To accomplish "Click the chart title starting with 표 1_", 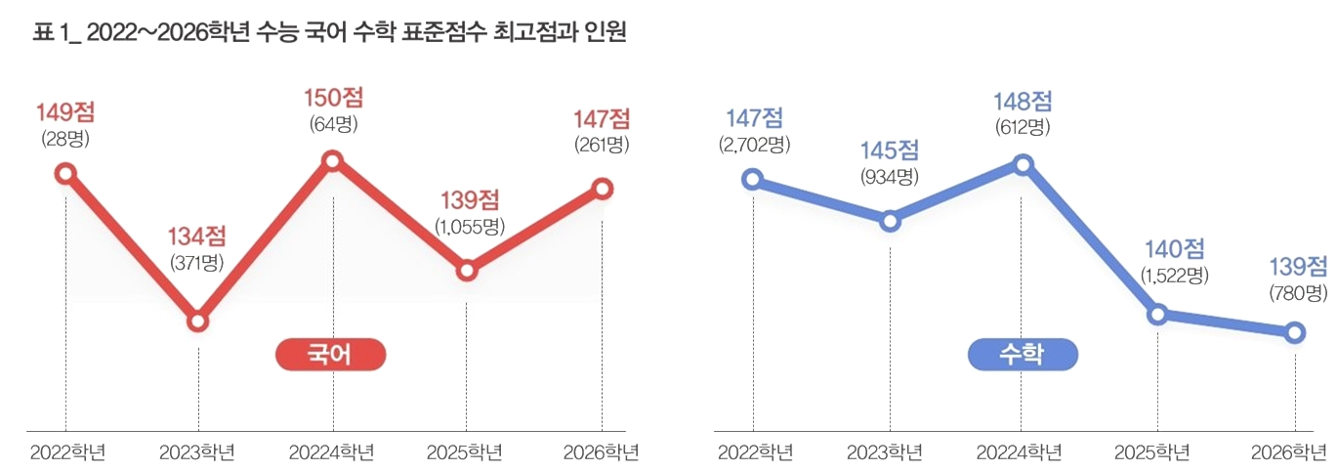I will [x=330, y=32].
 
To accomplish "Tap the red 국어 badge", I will [x=331, y=355].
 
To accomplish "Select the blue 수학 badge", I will [x=1022, y=355].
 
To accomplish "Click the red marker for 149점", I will [x=65, y=174].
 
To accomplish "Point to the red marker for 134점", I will [x=198, y=321].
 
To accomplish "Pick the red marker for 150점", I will [x=333, y=161].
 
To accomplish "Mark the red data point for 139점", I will [x=467, y=271].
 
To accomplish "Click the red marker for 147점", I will [x=602, y=189].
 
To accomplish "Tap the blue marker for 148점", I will [x=1023, y=164].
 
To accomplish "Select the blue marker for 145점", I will [x=890, y=221].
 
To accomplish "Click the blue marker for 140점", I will [x=1157, y=314].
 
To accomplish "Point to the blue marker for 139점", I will [x=1294, y=333].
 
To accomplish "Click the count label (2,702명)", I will [x=753, y=145].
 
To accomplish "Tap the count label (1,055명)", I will [x=469, y=226].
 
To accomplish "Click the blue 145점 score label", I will [x=890, y=151].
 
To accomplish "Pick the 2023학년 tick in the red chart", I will [x=198, y=452].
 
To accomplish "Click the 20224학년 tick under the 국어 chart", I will [x=332, y=452].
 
